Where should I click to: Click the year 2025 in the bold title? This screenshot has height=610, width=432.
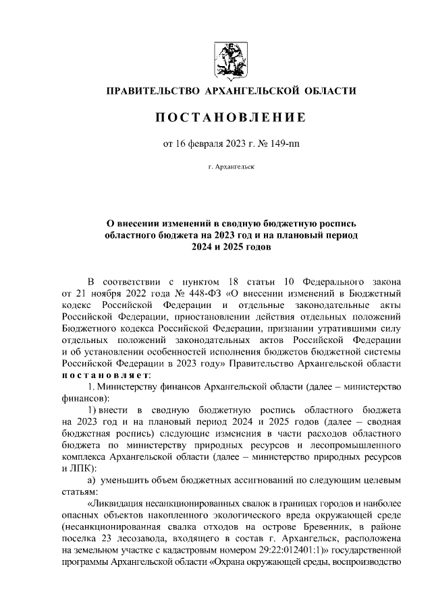pos(234,247)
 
